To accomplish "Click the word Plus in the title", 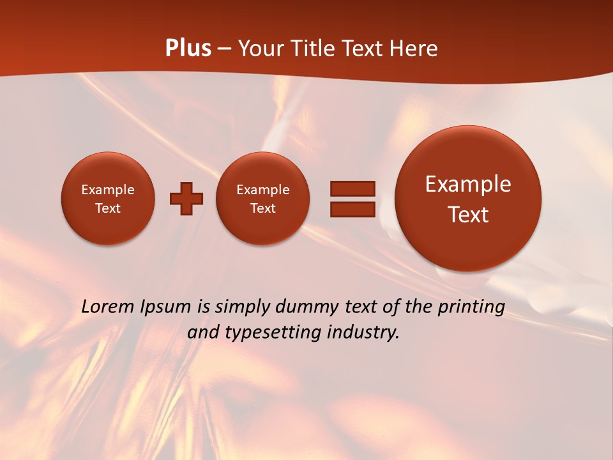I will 188,49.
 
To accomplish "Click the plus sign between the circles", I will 186,199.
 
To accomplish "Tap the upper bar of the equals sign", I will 352,188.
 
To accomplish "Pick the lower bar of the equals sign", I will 352,209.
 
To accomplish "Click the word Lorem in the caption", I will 107,307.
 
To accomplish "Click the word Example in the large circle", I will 468,184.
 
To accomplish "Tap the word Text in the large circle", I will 468,215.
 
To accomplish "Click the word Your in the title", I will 259,49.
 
